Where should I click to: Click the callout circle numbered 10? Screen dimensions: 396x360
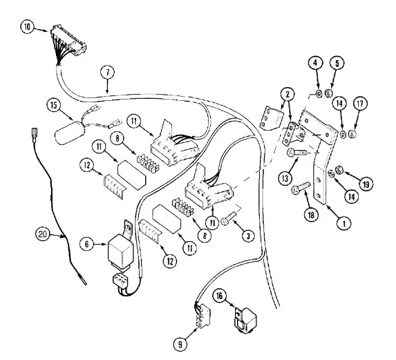point(27,27)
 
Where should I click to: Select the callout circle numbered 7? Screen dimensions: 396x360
point(108,72)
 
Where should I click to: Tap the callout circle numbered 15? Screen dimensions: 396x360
point(54,105)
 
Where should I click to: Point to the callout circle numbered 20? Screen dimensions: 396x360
point(42,234)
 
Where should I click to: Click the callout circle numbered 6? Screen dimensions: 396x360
point(86,244)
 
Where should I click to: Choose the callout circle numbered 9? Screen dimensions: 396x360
point(180,344)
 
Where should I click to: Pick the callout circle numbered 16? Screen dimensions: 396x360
point(219,296)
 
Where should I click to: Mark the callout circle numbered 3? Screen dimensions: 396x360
point(248,236)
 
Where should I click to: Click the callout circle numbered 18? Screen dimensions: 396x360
point(311,215)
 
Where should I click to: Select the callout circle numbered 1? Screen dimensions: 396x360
point(343,223)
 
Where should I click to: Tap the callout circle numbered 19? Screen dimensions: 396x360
point(366,184)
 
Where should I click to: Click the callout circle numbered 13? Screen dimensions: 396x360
point(285,178)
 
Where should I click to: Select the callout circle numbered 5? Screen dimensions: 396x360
point(337,64)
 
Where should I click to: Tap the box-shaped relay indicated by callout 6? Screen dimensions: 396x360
point(120,251)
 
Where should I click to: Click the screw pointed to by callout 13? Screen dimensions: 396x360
point(297,153)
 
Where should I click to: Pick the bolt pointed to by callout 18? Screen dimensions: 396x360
point(301,188)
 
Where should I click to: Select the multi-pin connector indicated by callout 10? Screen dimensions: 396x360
point(68,41)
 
